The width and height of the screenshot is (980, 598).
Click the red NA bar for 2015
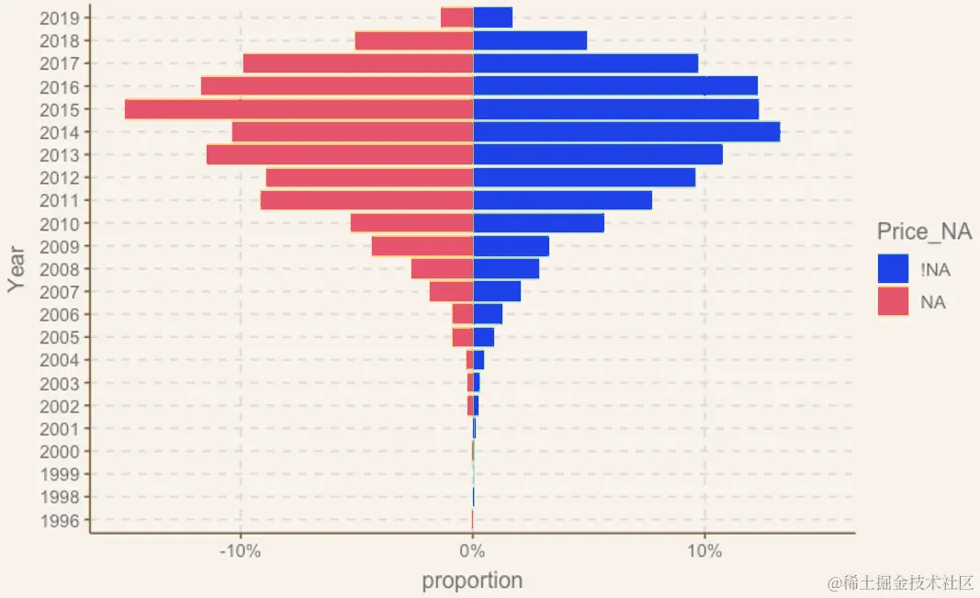tap(299, 109)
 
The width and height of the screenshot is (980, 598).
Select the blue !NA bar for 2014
tap(626, 132)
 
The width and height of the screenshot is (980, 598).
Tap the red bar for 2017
tap(358, 63)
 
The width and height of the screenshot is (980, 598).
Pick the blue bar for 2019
tap(492, 17)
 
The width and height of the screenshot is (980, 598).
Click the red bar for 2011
tap(366, 200)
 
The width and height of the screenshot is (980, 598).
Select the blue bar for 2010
tap(538, 223)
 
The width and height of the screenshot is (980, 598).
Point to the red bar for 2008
tap(442, 269)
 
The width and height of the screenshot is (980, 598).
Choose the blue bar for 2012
tap(584, 177)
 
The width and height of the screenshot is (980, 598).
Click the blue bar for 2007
tap(497, 292)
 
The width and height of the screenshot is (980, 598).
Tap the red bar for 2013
tap(340, 154)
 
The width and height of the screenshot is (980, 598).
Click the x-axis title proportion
tap(472, 581)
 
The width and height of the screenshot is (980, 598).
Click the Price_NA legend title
tap(923, 231)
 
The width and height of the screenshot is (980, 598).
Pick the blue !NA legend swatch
tap(893, 268)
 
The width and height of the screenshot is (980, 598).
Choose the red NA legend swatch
tap(893, 301)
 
